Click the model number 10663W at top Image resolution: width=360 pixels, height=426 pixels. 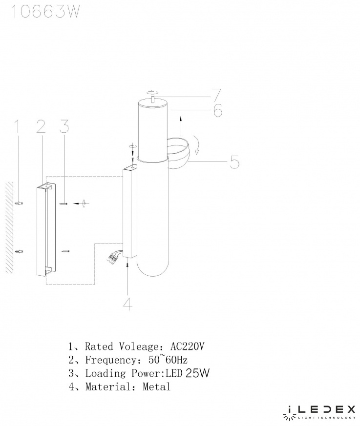(x=45, y=12)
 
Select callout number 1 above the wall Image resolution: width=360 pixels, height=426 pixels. (x=18, y=127)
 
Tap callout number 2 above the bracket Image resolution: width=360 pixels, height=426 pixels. (x=41, y=127)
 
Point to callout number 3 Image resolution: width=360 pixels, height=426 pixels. (x=64, y=127)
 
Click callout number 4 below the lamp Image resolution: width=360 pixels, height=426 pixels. (x=128, y=304)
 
